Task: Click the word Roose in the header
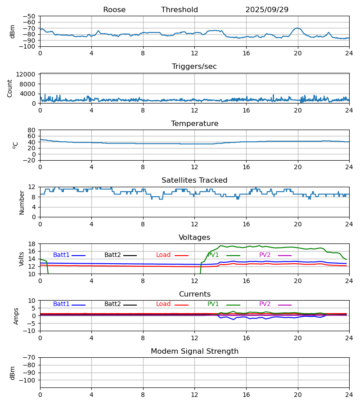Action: (x=114, y=10)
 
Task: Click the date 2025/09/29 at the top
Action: (x=267, y=10)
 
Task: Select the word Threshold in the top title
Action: (x=180, y=10)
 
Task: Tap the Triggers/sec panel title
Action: (x=194, y=67)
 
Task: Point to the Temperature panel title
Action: (x=194, y=124)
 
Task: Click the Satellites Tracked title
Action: (x=194, y=180)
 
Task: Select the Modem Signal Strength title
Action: (x=194, y=351)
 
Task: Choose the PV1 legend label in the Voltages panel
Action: (x=213, y=255)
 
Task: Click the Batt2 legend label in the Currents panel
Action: (x=112, y=304)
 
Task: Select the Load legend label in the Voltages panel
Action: (x=163, y=255)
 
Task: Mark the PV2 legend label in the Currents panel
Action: (x=265, y=304)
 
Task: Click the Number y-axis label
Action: (x=22, y=202)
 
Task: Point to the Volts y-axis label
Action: (x=22, y=259)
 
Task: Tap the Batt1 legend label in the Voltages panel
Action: (x=61, y=255)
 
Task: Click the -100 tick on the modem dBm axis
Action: (x=28, y=380)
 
